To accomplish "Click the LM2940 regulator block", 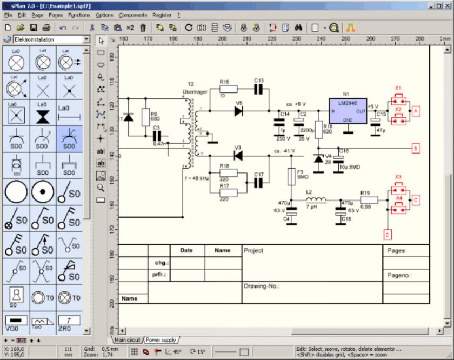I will coord(348,111).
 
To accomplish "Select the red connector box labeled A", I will coord(416,110).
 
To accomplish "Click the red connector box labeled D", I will coord(388,235).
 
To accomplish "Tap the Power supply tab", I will coord(161,340).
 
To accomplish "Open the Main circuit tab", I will coord(126,340).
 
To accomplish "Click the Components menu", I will coord(133,15).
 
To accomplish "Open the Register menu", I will coord(162,15).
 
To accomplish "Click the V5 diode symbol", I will coord(238,111).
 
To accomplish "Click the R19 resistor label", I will coord(365,192).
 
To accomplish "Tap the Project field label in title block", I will coord(253,251).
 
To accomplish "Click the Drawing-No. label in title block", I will coord(262,286).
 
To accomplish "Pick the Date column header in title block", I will coord(186,251).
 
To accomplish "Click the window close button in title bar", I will coord(447,5).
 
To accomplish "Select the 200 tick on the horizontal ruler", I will coord(222,39).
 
